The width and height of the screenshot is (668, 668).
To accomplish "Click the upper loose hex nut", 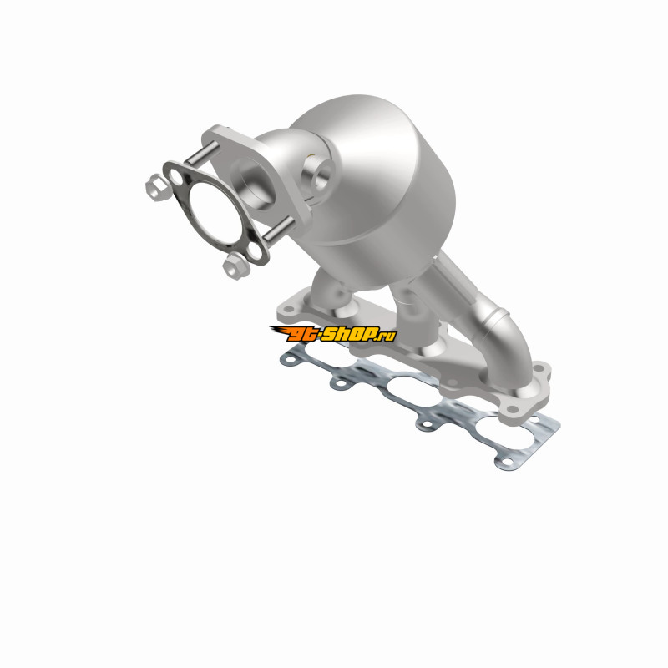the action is pyautogui.click(x=158, y=187).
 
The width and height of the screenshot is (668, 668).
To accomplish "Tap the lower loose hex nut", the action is pyautogui.click(x=236, y=266).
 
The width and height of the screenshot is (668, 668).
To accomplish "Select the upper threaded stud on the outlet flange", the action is pyautogui.click(x=201, y=153).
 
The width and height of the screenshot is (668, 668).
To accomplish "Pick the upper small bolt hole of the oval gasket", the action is pyautogui.click(x=175, y=176).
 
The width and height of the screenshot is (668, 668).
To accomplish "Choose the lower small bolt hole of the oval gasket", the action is pyautogui.click(x=255, y=251).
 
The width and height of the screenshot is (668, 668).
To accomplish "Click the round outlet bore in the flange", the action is pyautogui.click(x=254, y=182).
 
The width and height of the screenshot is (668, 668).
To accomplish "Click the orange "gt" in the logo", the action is pyautogui.click(x=301, y=333).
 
